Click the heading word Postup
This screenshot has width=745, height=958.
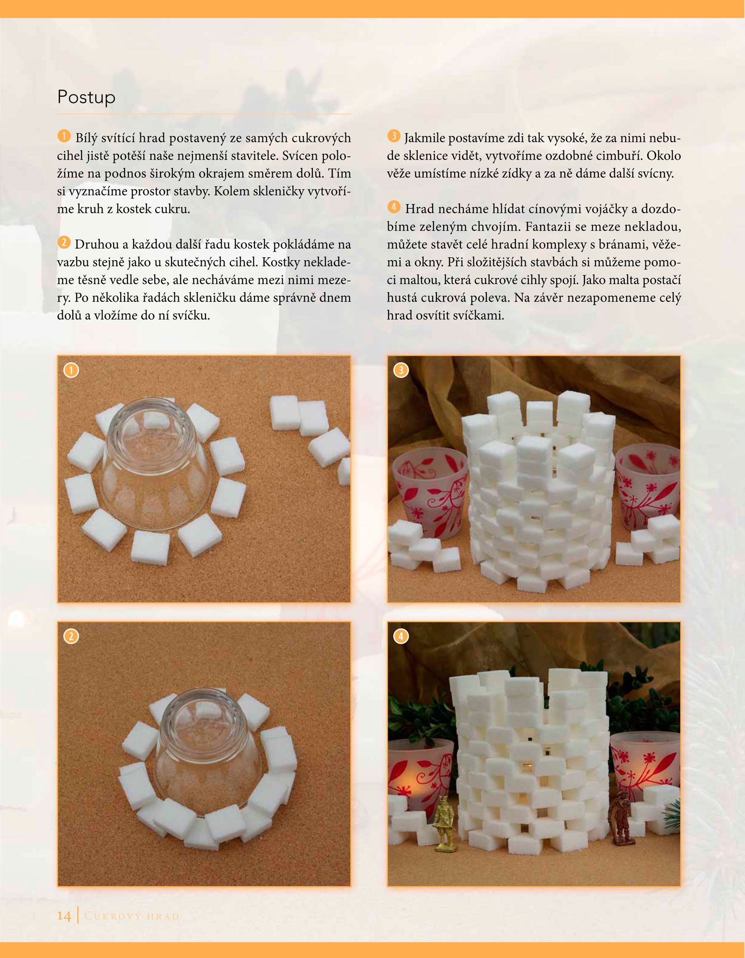pos(86,97)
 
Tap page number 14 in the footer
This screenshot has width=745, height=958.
pos(64,915)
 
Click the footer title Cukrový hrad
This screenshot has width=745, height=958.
pos(132,916)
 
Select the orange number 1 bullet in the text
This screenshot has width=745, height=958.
pos(64,136)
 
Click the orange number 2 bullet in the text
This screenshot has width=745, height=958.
pos(64,242)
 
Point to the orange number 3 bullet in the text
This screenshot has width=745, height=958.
pos(394,136)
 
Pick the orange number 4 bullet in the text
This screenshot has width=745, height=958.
pos(394,207)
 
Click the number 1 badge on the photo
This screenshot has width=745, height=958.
pos(71,370)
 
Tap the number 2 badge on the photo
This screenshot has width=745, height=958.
pos(71,637)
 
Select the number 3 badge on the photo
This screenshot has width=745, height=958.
pos(401,370)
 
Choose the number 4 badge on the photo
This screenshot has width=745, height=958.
pos(401,637)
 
